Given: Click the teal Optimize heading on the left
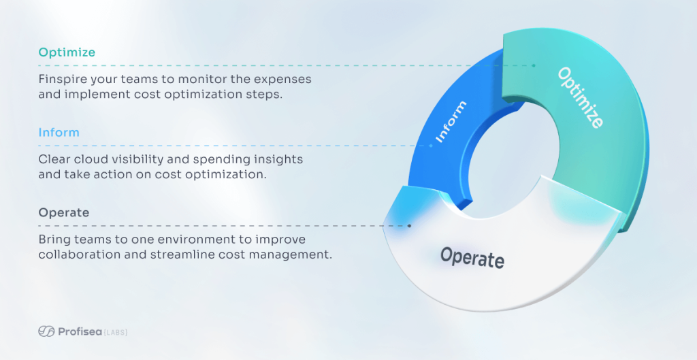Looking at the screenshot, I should (67, 52).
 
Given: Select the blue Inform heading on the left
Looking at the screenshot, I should (59, 132).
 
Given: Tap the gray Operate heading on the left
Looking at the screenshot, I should (63, 212).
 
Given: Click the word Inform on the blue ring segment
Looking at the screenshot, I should (451, 122).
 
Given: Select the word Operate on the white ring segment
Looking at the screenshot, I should (472, 257).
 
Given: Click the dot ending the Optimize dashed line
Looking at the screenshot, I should (534, 66).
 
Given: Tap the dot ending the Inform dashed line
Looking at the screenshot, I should (430, 146).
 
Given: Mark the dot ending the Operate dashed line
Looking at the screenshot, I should (409, 225).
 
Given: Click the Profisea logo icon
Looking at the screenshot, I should (46, 332).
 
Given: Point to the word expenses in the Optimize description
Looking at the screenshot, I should (280, 79).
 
